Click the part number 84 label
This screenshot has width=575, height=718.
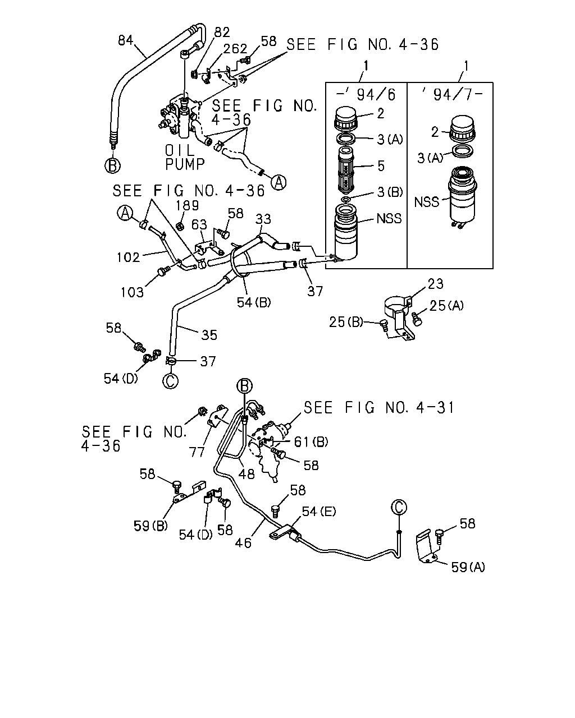(125, 40)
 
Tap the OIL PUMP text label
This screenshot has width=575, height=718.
(184, 157)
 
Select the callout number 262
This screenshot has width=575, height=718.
(235, 49)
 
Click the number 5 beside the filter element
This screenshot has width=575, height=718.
(381, 166)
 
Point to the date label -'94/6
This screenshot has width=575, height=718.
(366, 95)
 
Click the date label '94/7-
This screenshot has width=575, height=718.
(451, 95)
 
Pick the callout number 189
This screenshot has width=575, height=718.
(187, 205)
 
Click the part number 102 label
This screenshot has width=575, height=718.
(128, 257)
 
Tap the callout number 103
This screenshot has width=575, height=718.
(132, 292)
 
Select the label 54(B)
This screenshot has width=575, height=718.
(254, 302)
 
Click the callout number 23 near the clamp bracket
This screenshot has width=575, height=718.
(435, 284)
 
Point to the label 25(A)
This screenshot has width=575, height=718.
(446, 306)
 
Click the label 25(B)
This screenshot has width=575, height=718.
(346, 322)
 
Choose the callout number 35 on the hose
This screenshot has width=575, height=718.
(209, 335)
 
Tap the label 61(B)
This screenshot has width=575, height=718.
(311, 442)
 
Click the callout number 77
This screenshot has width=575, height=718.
(197, 452)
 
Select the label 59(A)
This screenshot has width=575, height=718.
(468, 567)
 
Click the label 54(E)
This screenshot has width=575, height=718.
(319, 512)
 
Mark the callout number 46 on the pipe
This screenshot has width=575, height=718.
(243, 543)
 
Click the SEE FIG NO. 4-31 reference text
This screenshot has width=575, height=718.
(379, 408)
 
